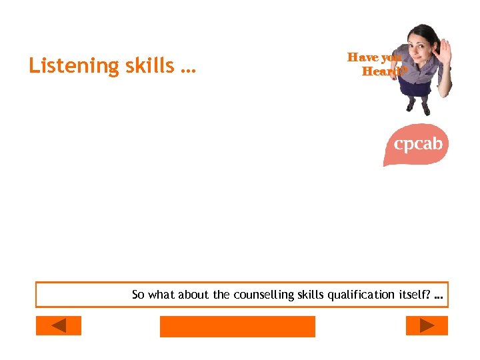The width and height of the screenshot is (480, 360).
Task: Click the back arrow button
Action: [x=58, y=325]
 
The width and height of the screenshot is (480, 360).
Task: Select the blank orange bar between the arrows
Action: [x=237, y=326]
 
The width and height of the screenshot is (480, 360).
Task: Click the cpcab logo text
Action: [x=418, y=143]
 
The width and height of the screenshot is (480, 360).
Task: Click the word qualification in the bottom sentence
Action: [x=361, y=295]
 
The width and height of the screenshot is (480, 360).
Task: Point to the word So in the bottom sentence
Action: [x=138, y=295]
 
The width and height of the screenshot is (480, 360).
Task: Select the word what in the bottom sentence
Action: [x=161, y=295]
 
